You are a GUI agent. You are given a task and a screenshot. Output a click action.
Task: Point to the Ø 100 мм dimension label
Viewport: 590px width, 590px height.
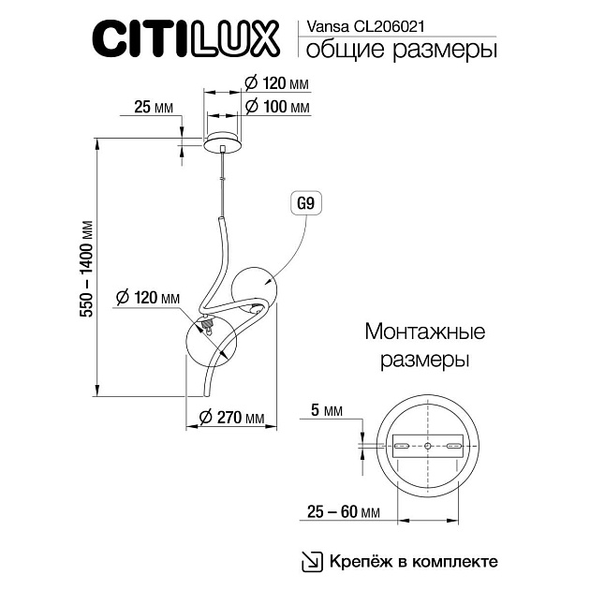(x=276, y=107)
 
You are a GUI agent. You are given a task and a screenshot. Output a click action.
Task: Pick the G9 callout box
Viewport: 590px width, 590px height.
(x=305, y=202)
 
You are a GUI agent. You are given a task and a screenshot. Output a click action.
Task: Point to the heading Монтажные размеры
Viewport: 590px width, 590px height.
(x=424, y=345)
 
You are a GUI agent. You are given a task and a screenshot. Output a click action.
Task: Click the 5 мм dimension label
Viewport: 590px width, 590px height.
(x=326, y=410)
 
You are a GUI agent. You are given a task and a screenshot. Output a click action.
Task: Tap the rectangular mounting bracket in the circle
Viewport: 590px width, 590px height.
(x=428, y=448)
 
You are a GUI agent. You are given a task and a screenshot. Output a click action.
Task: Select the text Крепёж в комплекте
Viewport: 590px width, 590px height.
(x=412, y=562)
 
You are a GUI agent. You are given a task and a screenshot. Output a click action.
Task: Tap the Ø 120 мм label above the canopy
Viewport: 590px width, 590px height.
(x=276, y=84)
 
